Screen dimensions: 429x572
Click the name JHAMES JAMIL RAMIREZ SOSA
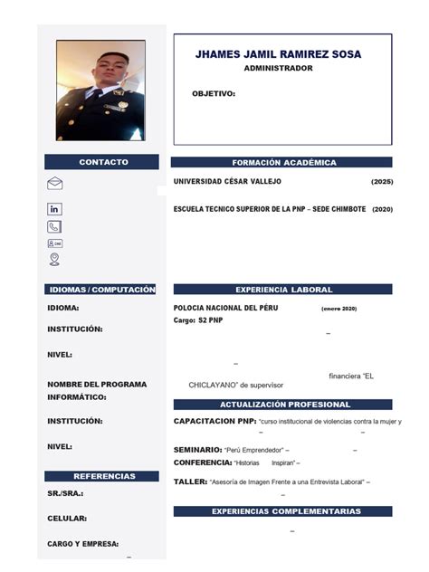[278, 54]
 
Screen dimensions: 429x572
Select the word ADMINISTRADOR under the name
[278, 69]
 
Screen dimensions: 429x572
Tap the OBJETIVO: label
[214, 93]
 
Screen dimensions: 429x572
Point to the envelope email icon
[54, 184]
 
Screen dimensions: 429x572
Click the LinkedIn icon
[54, 209]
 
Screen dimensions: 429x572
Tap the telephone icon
[54, 226]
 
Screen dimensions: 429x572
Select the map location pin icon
[54, 260]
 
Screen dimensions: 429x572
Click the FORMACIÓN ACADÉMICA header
[283, 163]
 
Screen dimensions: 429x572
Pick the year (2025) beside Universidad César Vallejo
[382, 182]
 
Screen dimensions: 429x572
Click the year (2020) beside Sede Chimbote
[382, 209]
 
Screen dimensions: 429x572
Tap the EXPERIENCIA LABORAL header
[283, 290]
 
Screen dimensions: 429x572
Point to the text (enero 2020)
[338, 310]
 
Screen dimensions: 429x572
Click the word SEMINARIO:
[197, 450]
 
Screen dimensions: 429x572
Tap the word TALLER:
[190, 481]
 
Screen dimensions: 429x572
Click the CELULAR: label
[67, 519]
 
